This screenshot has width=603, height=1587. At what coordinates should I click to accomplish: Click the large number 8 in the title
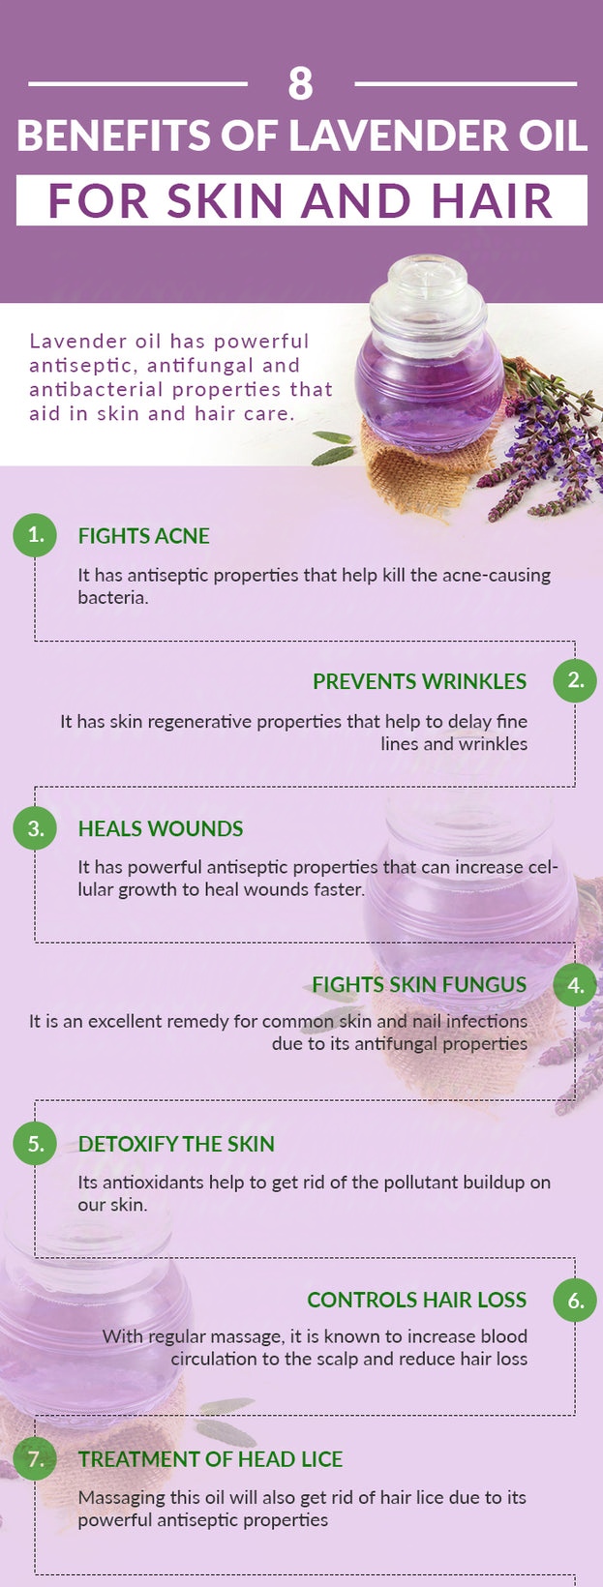pyautogui.click(x=300, y=84)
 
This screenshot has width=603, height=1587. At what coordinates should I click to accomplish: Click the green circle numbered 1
pyautogui.click(x=35, y=536)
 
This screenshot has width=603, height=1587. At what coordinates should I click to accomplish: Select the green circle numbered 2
pyautogui.click(x=575, y=681)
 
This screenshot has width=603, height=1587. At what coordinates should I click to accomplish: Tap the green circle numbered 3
pyautogui.click(x=35, y=828)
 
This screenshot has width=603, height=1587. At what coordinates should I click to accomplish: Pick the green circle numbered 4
pyautogui.click(x=575, y=985)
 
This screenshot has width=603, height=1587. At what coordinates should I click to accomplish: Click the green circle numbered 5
pyautogui.click(x=35, y=1144)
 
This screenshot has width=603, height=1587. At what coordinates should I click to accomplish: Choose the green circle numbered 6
pyautogui.click(x=575, y=1300)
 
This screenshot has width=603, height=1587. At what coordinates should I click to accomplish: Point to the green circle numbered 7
pyautogui.click(x=35, y=1458)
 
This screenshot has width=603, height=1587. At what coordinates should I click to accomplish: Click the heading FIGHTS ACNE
pyautogui.click(x=144, y=536)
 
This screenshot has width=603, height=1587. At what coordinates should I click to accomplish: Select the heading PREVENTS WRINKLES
pyautogui.click(x=419, y=681)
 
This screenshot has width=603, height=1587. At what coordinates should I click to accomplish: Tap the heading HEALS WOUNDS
pyautogui.click(x=161, y=829)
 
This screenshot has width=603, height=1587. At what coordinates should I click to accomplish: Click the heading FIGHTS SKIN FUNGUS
pyautogui.click(x=419, y=985)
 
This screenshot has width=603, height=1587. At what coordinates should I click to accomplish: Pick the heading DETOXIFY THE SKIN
pyautogui.click(x=176, y=1144)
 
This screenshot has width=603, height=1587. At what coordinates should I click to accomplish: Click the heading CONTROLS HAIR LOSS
pyautogui.click(x=416, y=1300)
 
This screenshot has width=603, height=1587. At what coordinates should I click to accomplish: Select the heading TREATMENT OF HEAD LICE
pyautogui.click(x=210, y=1459)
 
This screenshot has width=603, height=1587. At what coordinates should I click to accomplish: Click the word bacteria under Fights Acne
pyautogui.click(x=112, y=597)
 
